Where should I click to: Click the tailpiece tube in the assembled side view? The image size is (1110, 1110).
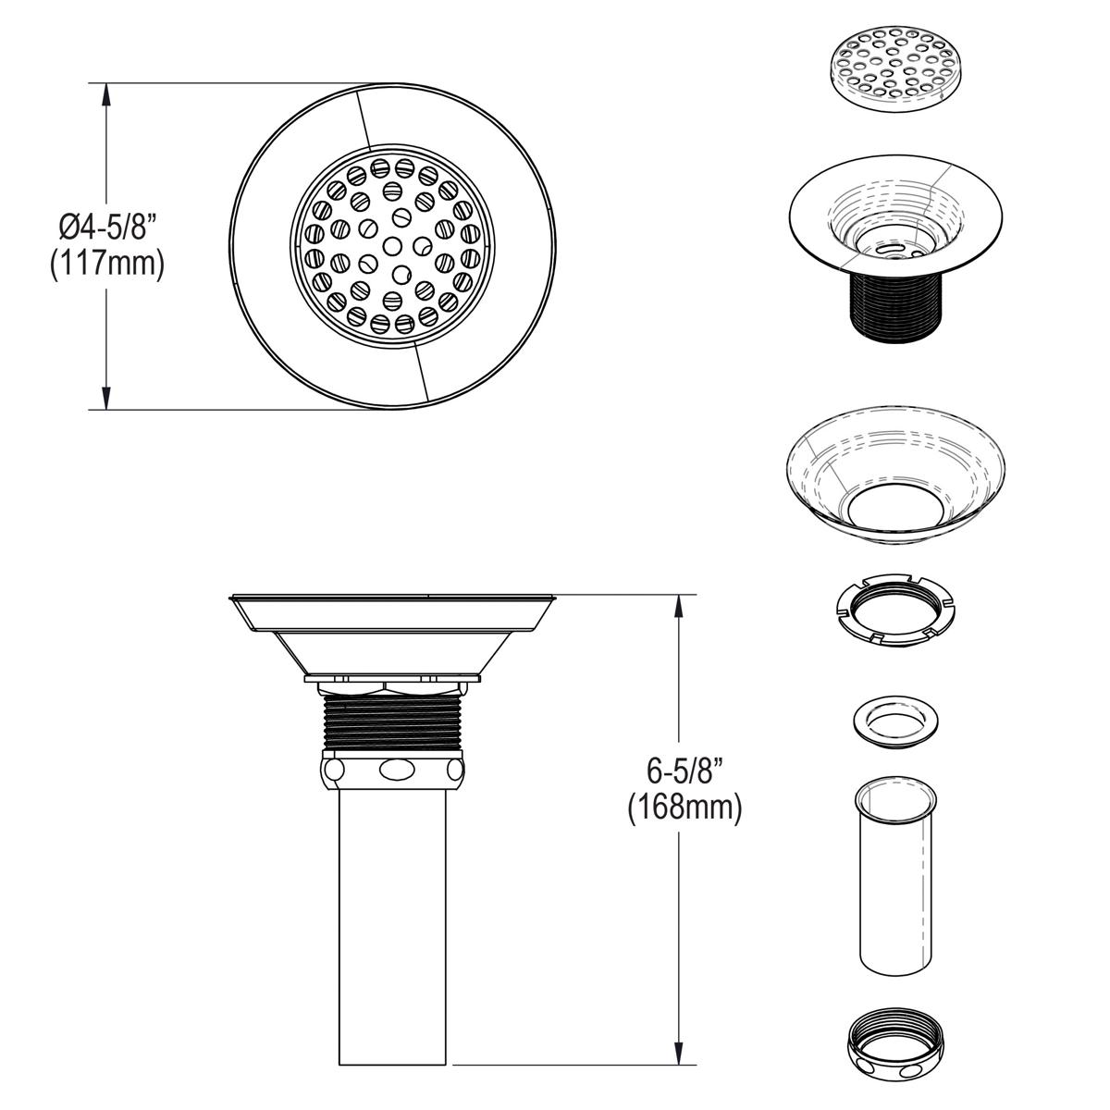pyautogui.click(x=393, y=925)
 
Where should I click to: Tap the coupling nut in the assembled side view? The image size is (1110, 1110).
pyautogui.click(x=392, y=769)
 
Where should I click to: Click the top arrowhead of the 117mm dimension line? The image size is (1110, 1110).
pyautogui.click(x=107, y=92)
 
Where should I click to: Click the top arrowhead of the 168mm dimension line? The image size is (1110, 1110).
pyautogui.click(x=681, y=603)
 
